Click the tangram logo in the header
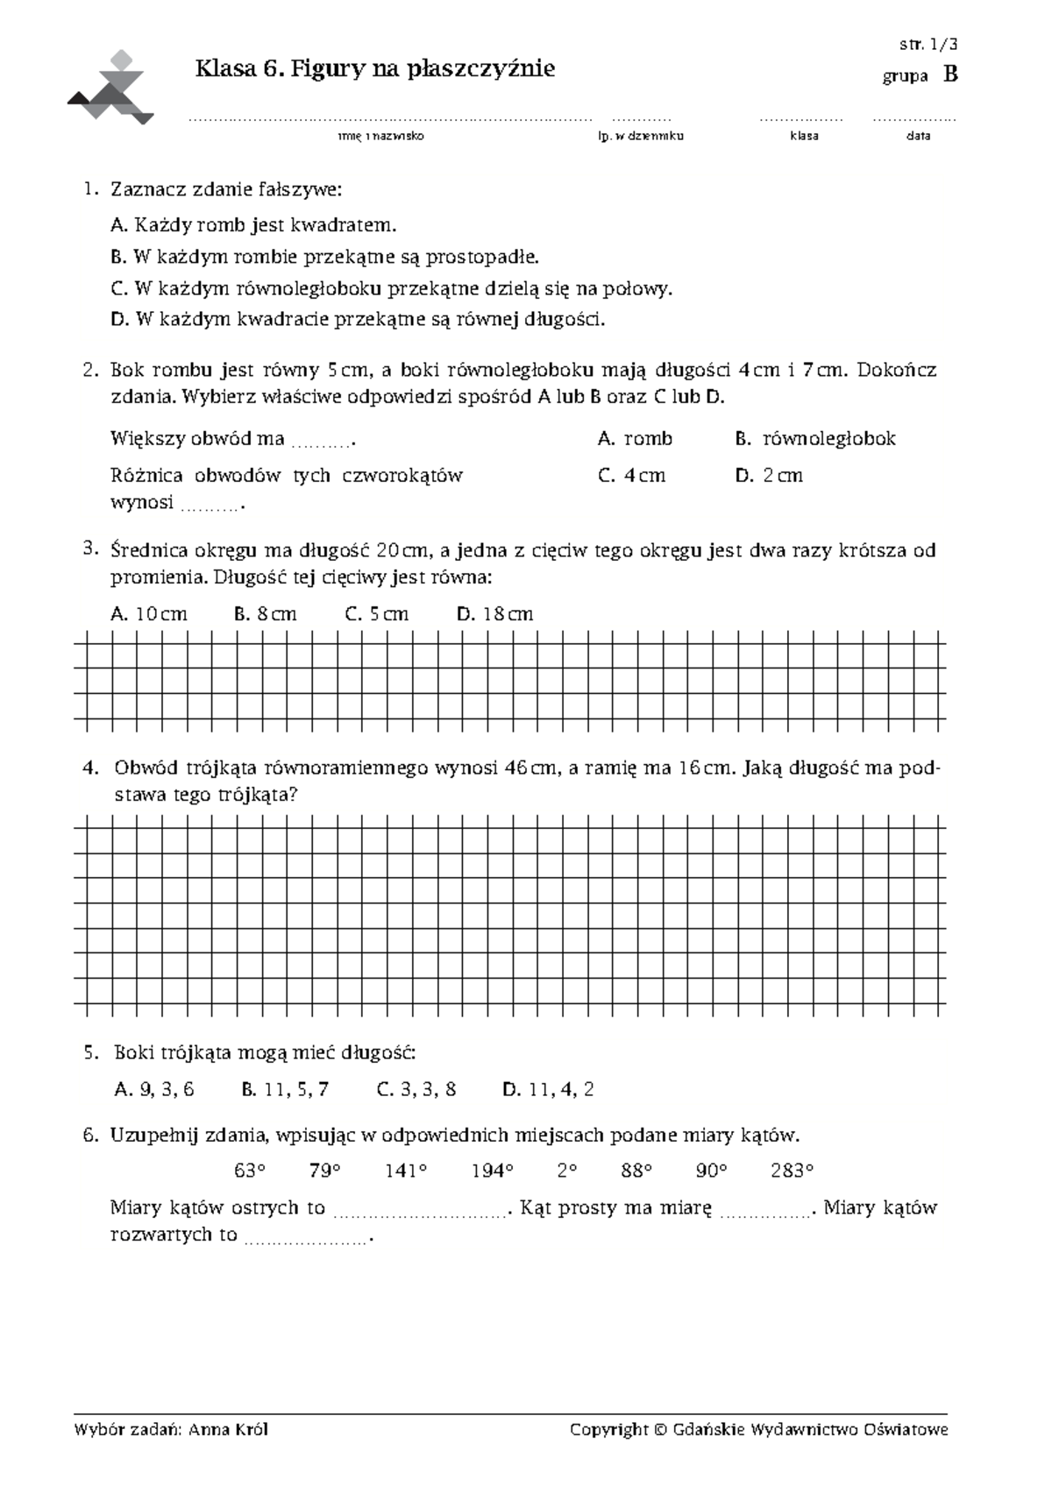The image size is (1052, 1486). (x=111, y=88)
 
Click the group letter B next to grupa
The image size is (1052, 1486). (x=950, y=75)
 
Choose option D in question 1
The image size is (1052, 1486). (x=358, y=320)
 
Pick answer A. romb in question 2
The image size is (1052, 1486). (x=635, y=438)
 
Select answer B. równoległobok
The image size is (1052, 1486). (x=815, y=438)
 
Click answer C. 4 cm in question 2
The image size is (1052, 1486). (x=631, y=476)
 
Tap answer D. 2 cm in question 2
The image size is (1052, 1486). (x=769, y=476)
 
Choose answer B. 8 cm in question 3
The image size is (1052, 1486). (x=266, y=614)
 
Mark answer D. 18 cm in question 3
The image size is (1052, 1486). (x=494, y=614)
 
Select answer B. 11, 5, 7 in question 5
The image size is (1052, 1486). (x=285, y=1090)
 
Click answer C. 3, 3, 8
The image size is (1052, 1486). (x=416, y=1090)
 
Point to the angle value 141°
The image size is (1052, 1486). (x=405, y=1171)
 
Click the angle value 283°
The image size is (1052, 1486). (x=792, y=1171)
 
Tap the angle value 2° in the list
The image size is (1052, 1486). (x=566, y=1171)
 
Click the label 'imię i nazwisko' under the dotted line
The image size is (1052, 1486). (x=380, y=137)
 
